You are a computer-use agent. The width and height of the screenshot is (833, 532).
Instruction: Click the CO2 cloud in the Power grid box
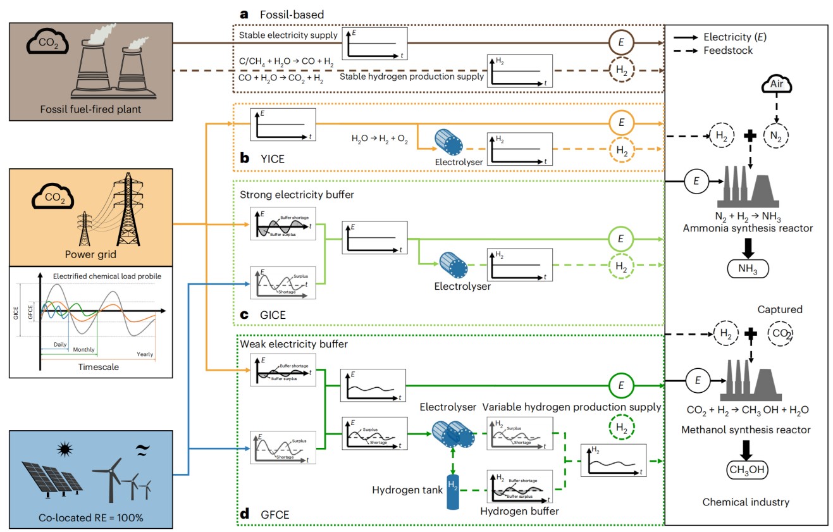(x=52, y=197)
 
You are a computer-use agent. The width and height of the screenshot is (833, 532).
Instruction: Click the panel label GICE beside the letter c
(x=272, y=314)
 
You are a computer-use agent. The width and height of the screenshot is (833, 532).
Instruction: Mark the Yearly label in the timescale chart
(x=145, y=354)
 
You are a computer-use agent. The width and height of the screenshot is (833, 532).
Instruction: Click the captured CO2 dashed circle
(x=782, y=333)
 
